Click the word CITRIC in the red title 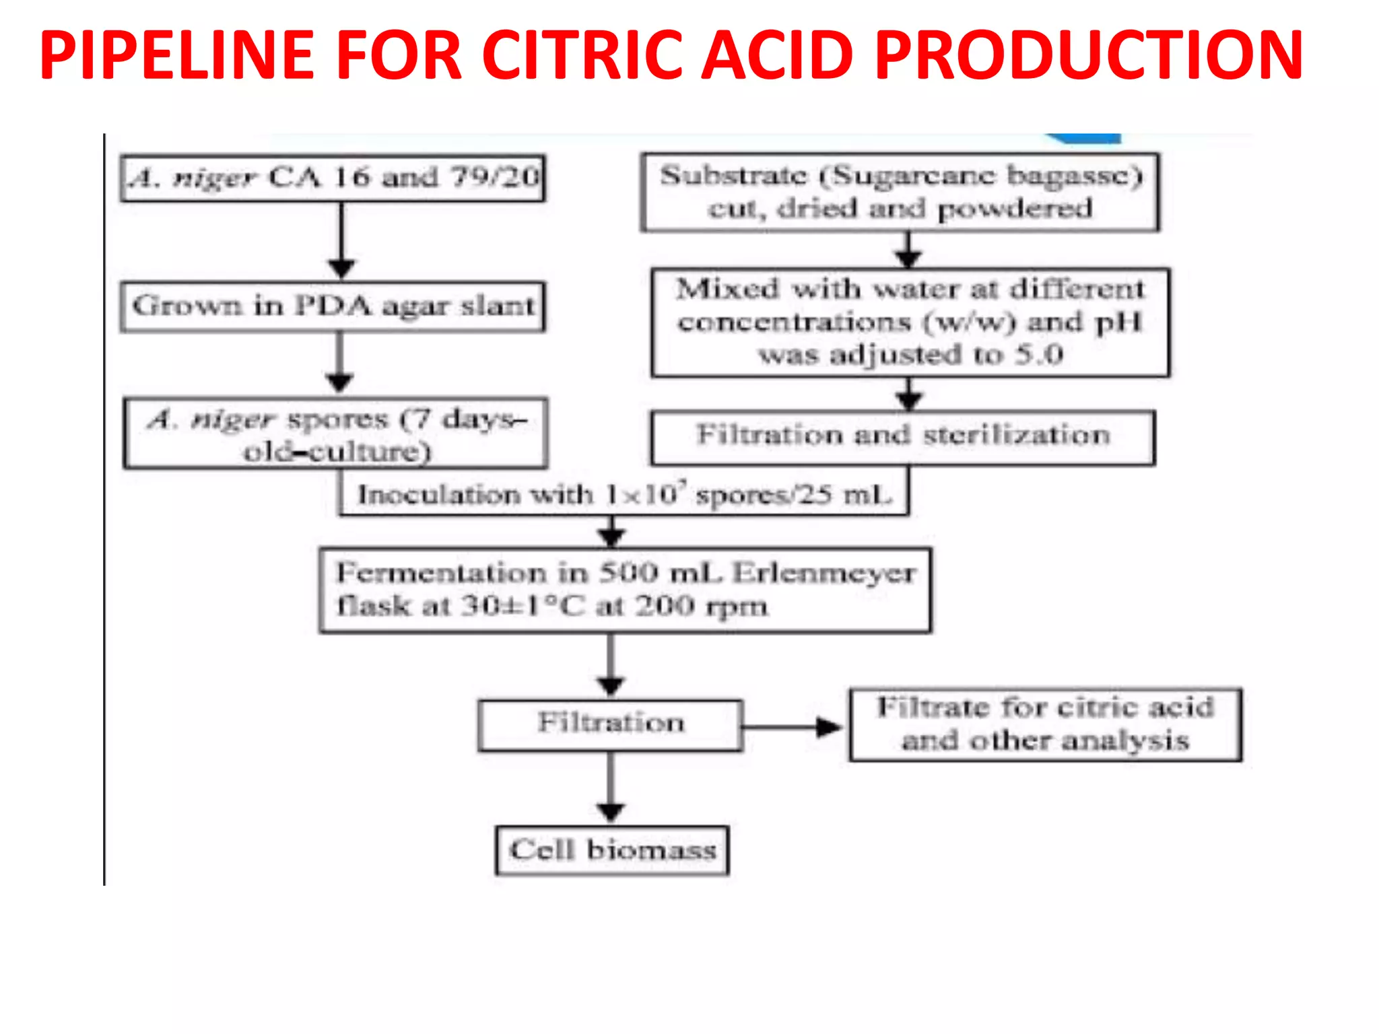coord(584,55)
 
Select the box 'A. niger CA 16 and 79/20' coord(333,178)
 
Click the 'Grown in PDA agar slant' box coord(333,307)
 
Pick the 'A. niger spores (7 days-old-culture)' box coord(335,434)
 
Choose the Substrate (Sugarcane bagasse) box coord(900,193)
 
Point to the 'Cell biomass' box coord(612,850)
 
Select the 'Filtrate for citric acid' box coord(1045,724)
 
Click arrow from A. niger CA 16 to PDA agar coord(341,240)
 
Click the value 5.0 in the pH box coord(1038,355)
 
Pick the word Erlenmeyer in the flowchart coord(824,574)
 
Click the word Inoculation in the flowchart coord(438,495)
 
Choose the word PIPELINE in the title coord(176,55)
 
